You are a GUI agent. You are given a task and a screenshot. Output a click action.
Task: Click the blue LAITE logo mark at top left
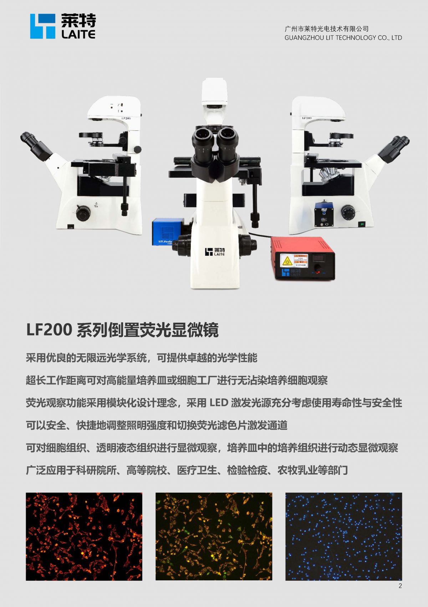pos(42,26)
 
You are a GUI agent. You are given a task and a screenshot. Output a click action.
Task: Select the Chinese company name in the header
pos(326,29)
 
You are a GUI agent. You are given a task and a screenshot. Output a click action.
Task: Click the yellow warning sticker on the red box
pos(286,261)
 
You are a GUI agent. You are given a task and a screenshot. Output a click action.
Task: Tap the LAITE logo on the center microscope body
pos(215,252)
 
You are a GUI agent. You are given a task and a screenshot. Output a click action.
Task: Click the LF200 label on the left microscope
pos(126,118)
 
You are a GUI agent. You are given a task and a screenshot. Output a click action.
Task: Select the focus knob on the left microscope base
pos(83,213)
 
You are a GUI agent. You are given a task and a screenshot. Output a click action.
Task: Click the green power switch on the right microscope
pos(362,224)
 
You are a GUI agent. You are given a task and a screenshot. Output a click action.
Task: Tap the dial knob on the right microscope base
pos(348,212)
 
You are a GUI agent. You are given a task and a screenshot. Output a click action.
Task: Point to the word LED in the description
pos(219,403)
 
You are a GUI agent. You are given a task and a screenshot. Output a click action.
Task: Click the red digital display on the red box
pos(318,258)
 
